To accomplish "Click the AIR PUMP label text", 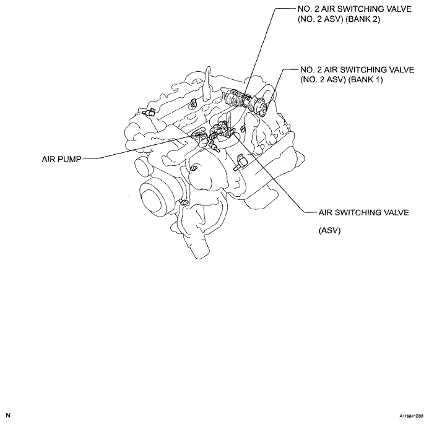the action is point(61,159).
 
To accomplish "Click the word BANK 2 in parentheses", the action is point(363,19).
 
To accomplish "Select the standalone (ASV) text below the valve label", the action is point(329,230).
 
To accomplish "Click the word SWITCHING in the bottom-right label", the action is point(357,212).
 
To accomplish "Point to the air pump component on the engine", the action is point(199,136).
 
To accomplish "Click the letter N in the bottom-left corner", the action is point(8,415).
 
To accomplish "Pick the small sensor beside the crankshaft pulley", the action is point(183,202).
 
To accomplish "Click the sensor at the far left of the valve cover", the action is point(149,113).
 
